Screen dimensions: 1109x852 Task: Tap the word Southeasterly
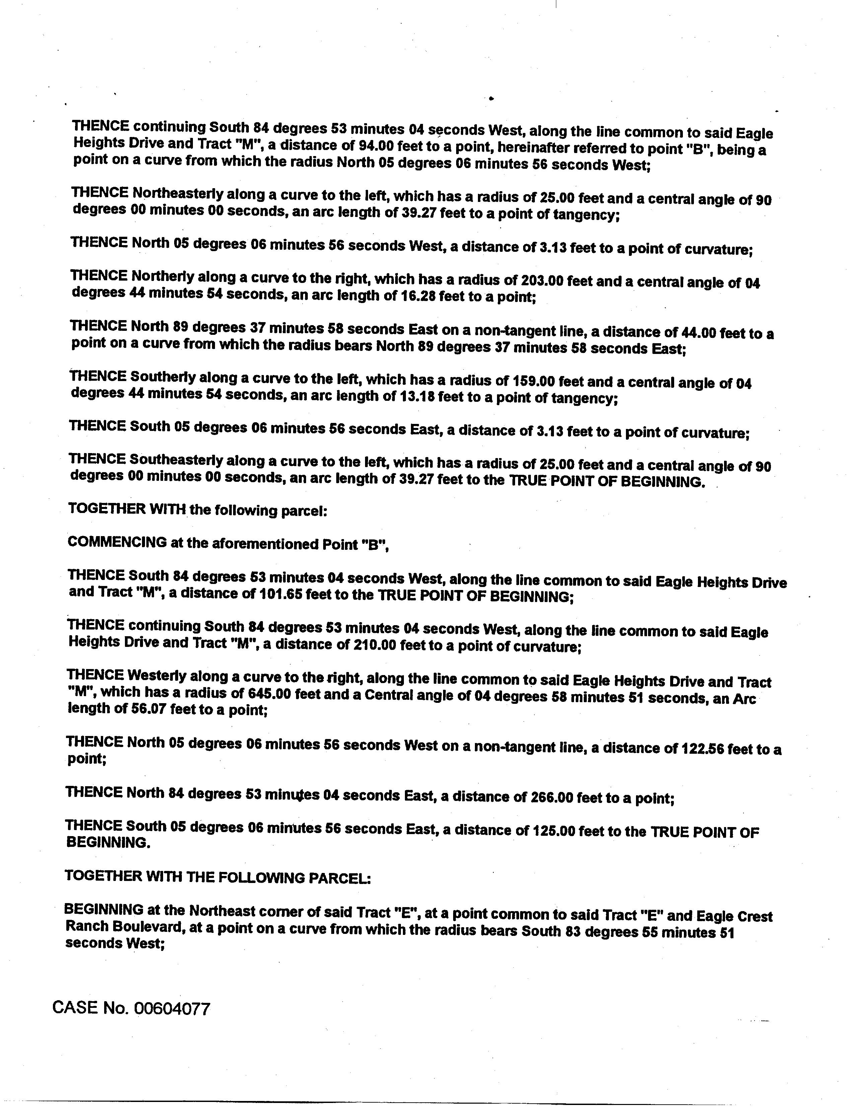(176, 460)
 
